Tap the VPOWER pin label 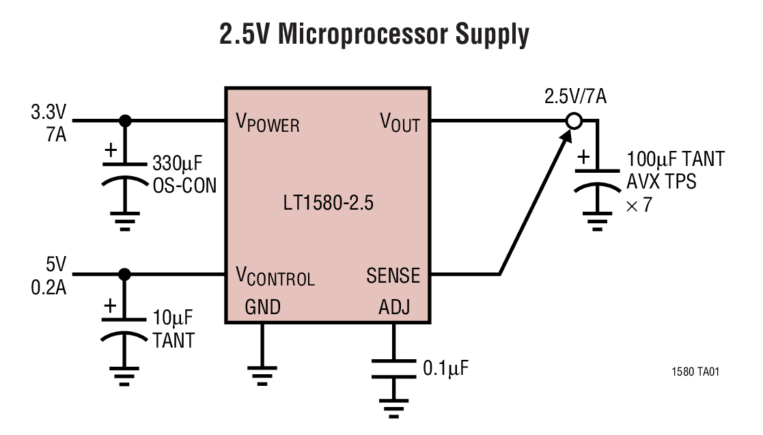267,123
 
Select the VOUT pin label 400,123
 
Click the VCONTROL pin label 275,276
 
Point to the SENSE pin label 393,276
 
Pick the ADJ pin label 394,308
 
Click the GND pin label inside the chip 262,308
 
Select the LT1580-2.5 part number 328,204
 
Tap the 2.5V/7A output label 575,96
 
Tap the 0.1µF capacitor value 445,369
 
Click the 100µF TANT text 675,160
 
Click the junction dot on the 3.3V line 124,121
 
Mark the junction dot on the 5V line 124,275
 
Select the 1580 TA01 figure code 695,372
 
